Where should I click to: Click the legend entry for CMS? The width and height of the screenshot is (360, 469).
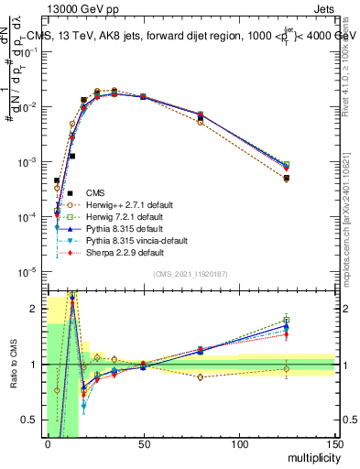(x=96, y=192)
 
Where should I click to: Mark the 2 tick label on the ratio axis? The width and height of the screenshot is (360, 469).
(x=36, y=309)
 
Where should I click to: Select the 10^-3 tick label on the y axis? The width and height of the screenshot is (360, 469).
(x=27, y=162)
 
